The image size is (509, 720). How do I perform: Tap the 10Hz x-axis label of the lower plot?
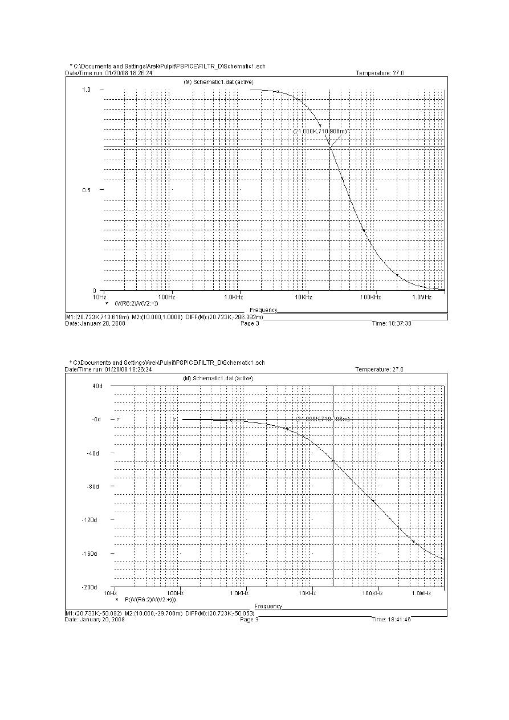114,593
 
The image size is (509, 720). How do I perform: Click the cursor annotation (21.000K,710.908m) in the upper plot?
320,131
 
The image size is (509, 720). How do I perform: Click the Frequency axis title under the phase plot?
268,605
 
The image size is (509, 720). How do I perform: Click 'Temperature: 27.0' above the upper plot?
380,73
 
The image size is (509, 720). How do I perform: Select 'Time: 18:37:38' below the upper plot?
391,323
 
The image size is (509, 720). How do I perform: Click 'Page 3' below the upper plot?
250,323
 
